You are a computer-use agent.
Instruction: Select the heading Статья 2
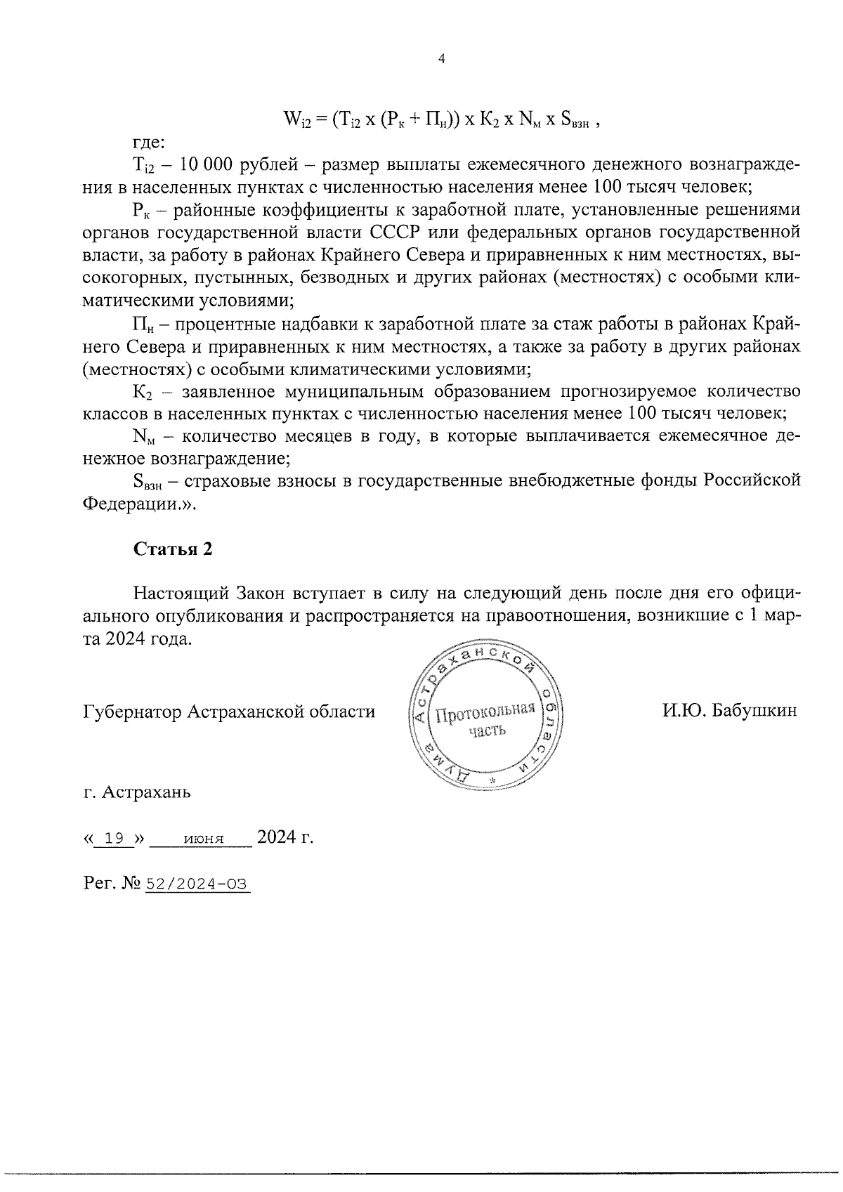point(173,549)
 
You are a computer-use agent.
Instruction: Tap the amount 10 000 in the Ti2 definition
point(202,165)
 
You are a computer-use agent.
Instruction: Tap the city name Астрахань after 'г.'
point(146,793)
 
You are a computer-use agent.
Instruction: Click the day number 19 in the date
point(114,838)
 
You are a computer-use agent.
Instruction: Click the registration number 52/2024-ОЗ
point(197,884)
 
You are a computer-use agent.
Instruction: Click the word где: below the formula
point(148,143)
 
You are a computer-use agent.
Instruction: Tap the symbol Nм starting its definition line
point(144,436)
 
